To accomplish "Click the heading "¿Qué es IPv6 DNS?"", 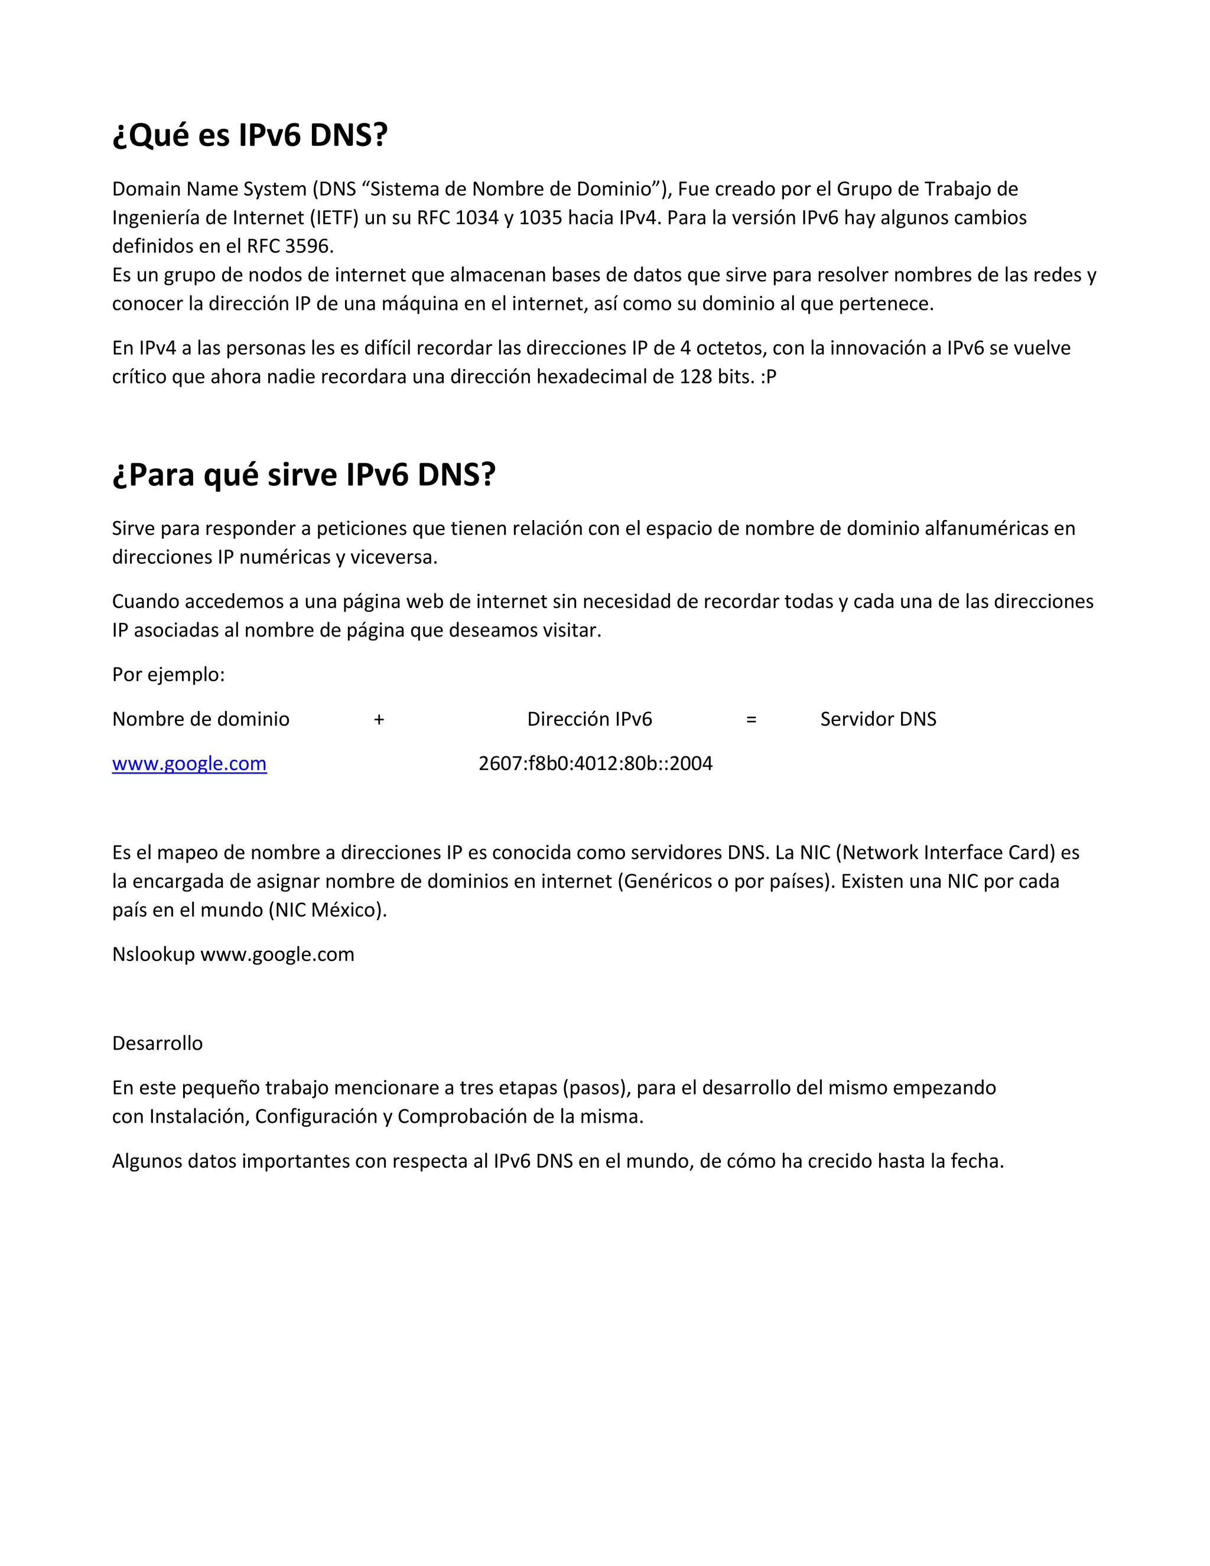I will pyautogui.click(x=249, y=135).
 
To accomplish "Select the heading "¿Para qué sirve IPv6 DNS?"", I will pyautogui.click(x=303, y=475).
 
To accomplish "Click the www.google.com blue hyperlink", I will pyautogui.click(x=189, y=763).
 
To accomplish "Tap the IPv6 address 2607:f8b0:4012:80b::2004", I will pyautogui.click(x=595, y=763).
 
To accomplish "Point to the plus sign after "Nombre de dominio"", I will pyautogui.click(x=379, y=719).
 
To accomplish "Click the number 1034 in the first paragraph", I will pyautogui.click(x=477, y=218).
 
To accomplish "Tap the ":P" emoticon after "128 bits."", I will pyautogui.click(x=769, y=377).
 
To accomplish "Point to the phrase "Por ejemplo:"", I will pyautogui.click(x=168, y=675).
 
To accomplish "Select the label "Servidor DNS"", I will pyautogui.click(x=878, y=719).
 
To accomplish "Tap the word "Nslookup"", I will pyautogui.click(x=154, y=955).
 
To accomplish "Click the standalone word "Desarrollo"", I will pyautogui.click(x=157, y=1043).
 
